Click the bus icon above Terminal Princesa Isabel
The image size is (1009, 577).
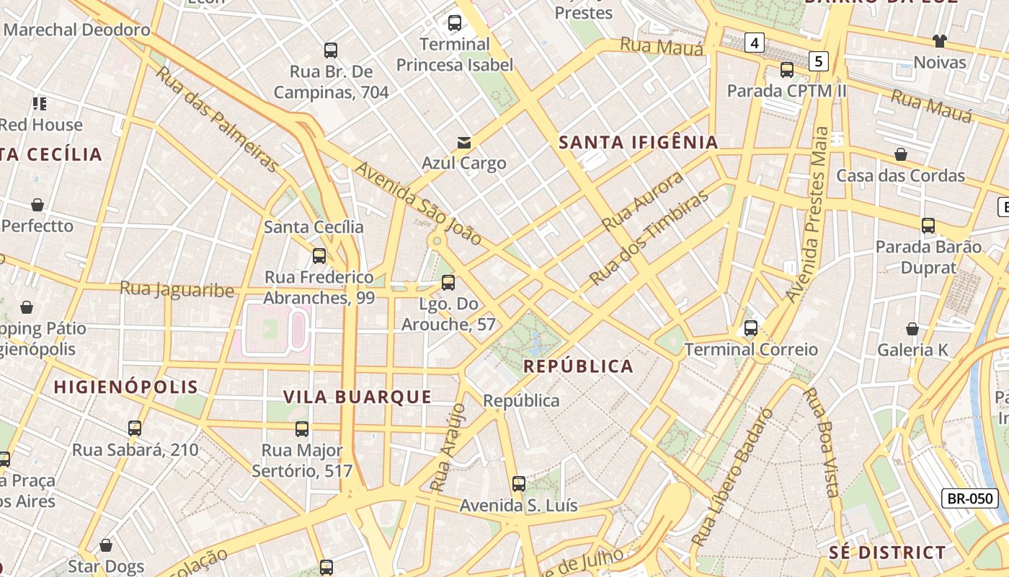click(x=455, y=23)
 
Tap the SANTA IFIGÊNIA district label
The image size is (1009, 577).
click(x=639, y=142)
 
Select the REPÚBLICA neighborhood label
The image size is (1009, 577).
click(x=578, y=366)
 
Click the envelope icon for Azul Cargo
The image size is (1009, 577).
click(x=463, y=143)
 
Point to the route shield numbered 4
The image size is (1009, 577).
click(x=754, y=43)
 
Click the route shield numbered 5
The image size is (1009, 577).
click(x=818, y=61)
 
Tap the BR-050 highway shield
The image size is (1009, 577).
click(x=969, y=498)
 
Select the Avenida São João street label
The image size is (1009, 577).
click(x=419, y=203)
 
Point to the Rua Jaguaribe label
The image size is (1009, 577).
click(x=177, y=290)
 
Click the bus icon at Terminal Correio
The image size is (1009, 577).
click(x=751, y=328)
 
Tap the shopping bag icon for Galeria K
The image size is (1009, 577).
click(x=912, y=329)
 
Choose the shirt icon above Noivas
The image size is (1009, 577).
click(x=940, y=40)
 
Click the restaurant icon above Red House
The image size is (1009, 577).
click(x=39, y=104)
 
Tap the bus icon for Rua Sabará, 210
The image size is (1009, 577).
click(x=135, y=428)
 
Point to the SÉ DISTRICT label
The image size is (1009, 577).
click(x=886, y=553)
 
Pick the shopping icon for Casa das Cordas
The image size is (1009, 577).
click(x=900, y=154)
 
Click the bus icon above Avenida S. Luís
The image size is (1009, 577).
click(x=519, y=484)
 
